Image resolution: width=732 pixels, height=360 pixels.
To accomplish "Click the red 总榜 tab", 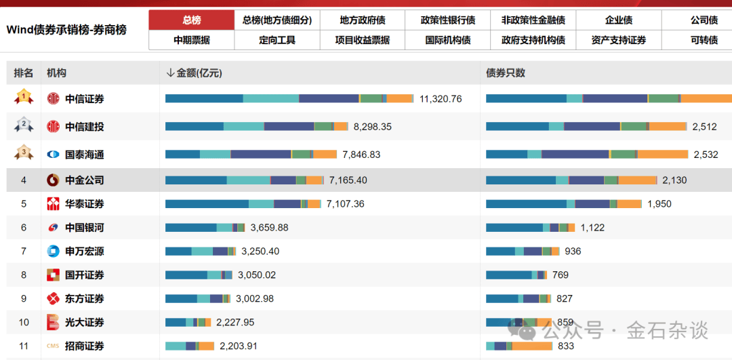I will tap(191, 20).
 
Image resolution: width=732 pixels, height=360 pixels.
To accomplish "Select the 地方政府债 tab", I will tap(362, 20).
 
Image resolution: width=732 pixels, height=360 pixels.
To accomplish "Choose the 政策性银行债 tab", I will tap(447, 20).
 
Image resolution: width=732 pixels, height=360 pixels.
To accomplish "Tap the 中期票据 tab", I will tap(191, 40).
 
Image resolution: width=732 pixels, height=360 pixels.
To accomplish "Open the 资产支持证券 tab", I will tap(618, 40).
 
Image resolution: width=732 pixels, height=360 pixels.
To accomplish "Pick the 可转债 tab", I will tap(704, 40).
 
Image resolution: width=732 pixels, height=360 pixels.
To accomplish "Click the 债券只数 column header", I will tap(506, 73).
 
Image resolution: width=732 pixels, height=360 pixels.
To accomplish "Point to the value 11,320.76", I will tap(441, 99).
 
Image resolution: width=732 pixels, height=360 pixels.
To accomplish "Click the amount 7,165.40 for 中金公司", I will tap(348, 180).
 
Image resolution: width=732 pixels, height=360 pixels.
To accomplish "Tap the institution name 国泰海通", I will tap(85, 155).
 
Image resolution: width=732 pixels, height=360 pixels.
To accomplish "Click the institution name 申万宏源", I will tap(85, 252).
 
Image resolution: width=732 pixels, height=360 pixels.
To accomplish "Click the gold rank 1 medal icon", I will tap(24, 98).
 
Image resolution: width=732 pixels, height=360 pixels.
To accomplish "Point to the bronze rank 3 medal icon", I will tap(24, 153).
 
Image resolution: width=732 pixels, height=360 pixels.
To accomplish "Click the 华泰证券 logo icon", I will tap(53, 204).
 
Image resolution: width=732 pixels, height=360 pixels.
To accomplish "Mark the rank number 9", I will tap(24, 299).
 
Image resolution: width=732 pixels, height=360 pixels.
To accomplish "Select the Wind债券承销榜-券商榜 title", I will tap(66, 30).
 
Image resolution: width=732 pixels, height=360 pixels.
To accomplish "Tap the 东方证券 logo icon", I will tap(53, 299).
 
